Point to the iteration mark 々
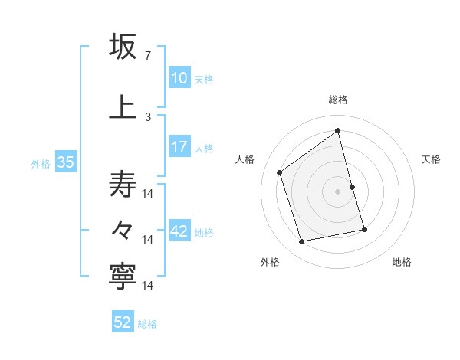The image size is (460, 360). [x=123, y=228]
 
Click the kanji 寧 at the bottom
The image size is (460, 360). [x=123, y=277]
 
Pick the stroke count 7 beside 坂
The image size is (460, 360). [x=148, y=56]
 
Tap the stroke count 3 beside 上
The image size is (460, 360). [x=148, y=116]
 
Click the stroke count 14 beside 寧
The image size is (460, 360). [x=148, y=286]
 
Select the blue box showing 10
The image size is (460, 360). [x=179, y=78]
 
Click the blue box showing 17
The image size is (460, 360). [x=179, y=147]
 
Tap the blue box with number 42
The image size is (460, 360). [x=179, y=232]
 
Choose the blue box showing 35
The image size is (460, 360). [x=64, y=162]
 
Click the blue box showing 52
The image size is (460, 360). [x=123, y=322]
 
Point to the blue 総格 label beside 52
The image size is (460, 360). [x=147, y=324]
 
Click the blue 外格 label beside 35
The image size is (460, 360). [x=41, y=163]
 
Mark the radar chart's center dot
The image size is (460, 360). [x=337, y=191]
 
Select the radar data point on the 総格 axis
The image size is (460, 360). [x=337, y=131]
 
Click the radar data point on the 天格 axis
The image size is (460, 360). [x=352, y=186]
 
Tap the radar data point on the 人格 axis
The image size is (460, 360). [x=280, y=172]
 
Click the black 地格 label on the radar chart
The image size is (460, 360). [x=402, y=262]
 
